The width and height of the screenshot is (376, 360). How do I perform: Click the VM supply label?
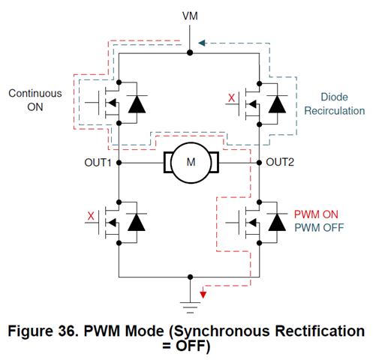pos(190,16)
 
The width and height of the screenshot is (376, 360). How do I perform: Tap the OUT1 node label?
pos(98,163)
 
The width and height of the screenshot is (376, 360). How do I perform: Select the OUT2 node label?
pos(280,162)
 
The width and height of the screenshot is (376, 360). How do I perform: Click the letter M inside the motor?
pos(191,162)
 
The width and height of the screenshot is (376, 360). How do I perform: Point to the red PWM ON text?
pos(316,214)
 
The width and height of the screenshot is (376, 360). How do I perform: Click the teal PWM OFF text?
pos(319,228)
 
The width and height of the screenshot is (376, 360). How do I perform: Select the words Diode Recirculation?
pos(335,104)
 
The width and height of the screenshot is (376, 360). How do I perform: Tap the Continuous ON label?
pos(35,100)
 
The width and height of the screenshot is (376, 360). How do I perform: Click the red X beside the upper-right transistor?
pos(232,98)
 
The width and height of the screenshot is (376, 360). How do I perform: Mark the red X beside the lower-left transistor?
pos(91,216)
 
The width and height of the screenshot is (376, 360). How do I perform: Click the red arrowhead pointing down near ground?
pos(203,295)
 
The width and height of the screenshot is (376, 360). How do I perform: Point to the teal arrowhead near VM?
pos(202,43)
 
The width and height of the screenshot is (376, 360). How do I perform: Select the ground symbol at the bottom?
pos(190,307)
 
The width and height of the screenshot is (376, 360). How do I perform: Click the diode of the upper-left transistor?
pos(137,104)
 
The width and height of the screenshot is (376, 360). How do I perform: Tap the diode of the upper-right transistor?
pos(277,104)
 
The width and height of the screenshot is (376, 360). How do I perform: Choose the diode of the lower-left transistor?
pos(137,222)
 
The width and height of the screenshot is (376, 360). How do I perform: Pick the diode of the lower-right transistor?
pos(277,222)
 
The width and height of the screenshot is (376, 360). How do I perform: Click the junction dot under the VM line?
pos(190,52)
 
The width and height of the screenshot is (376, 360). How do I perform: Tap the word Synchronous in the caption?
pos(221,332)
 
